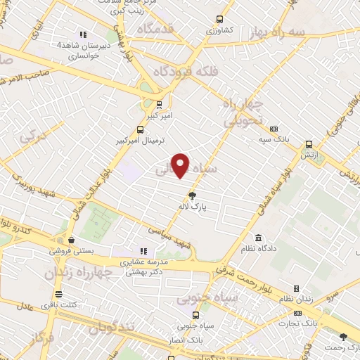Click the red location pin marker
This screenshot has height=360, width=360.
pyautogui.click(x=181, y=165)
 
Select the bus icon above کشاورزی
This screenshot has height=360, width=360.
pyautogui.click(x=219, y=20)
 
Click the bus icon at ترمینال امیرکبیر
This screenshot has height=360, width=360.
pyautogui.click(x=139, y=129)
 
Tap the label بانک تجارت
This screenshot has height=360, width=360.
pyautogui.click(x=297, y=323)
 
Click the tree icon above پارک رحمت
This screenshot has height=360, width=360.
pyautogui.click(x=343, y=337)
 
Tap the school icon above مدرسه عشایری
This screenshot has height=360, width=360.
pyautogui.click(x=144, y=251)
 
